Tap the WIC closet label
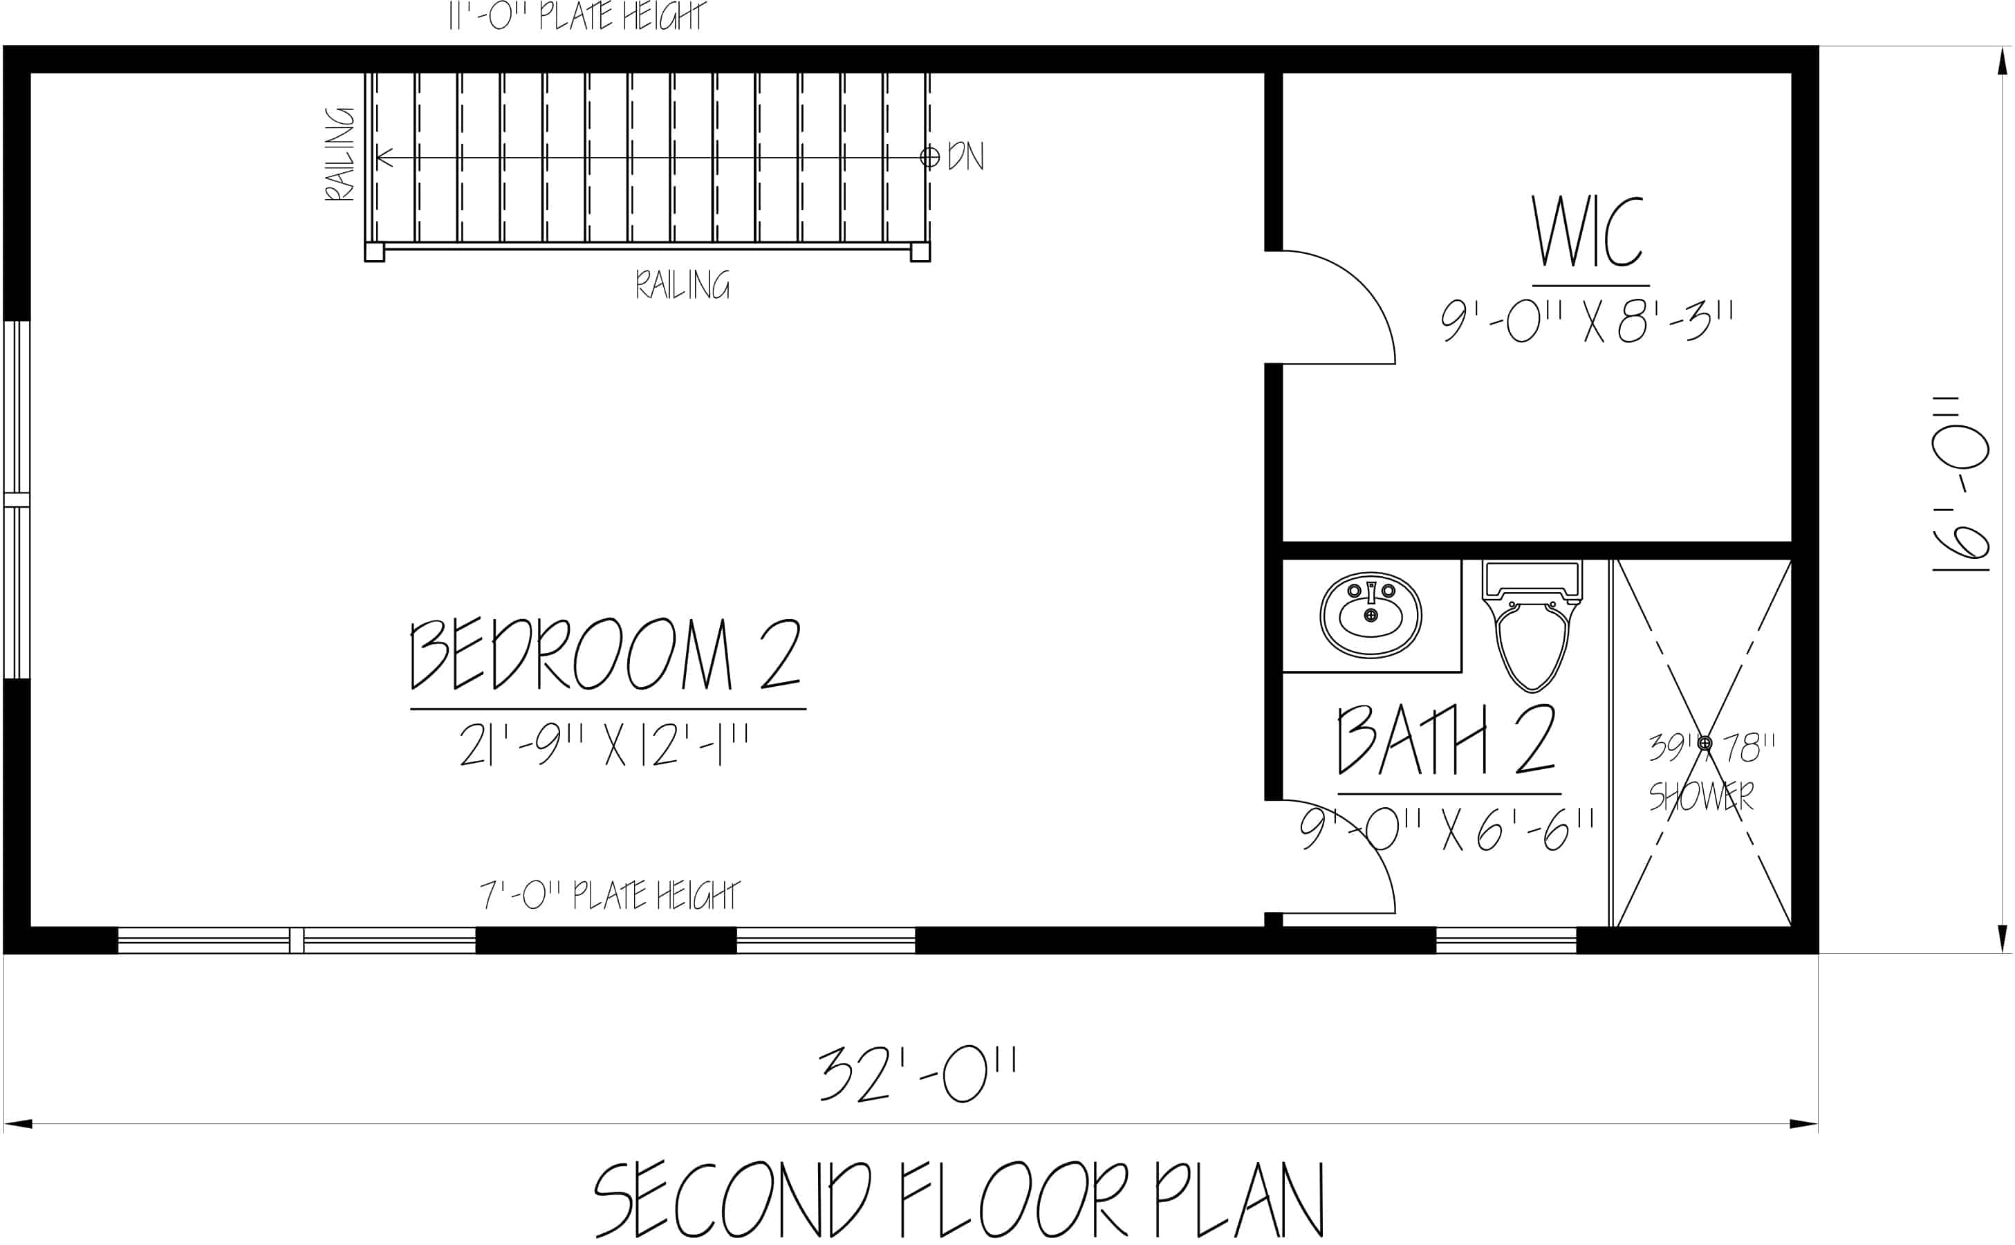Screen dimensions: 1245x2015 coord(1586,233)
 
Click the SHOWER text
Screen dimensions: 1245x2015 coord(1700,796)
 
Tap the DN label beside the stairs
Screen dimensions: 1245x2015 coord(965,156)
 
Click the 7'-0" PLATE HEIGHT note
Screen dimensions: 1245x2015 coord(610,895)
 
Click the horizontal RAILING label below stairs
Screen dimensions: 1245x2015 coord(682,285)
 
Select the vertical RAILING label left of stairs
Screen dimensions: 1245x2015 coord(339,154)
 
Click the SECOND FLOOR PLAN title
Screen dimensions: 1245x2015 coord(959,1200)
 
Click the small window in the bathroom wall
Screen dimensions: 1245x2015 coord(1505,941)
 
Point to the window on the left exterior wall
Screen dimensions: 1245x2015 coord(17,500)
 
